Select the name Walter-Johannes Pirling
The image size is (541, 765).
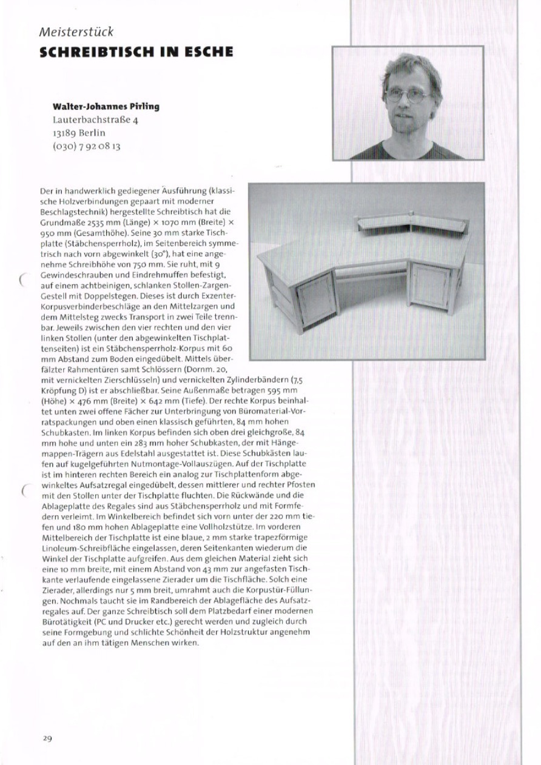pos(106,107)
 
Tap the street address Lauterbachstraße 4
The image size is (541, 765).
pos(96,120)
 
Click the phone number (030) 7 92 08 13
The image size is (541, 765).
pos(87,146)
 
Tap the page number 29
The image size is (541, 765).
pos(47,738)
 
